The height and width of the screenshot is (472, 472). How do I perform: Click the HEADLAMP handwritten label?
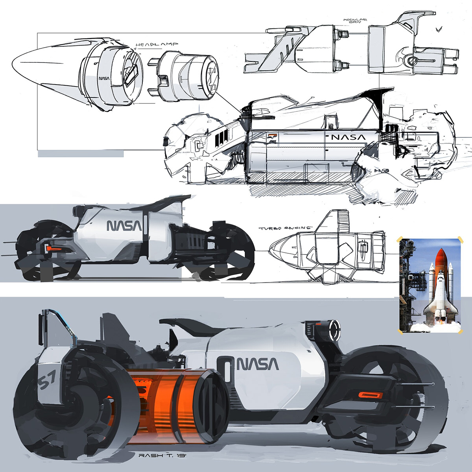click(157, 45)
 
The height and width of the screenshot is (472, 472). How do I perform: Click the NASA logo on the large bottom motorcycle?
click(258, 364)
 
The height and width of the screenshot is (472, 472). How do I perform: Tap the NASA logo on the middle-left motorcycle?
click(124, 226)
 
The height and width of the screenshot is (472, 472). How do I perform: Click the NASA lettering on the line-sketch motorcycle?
click(348, 137)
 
